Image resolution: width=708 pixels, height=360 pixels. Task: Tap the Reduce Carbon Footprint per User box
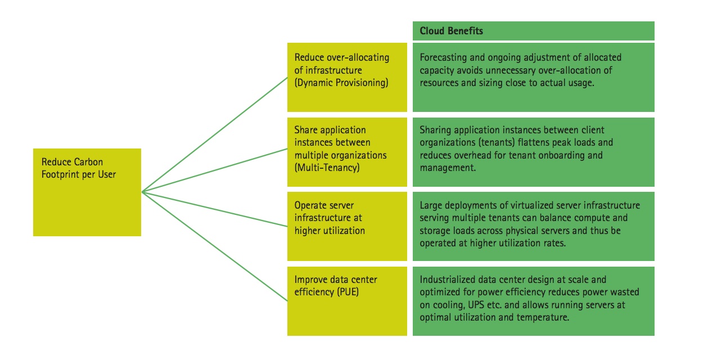87,192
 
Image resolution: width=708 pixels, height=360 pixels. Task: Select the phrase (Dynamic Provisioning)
341,83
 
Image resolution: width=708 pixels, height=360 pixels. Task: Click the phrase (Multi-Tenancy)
327,168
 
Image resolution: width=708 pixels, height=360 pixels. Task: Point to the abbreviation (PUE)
348,292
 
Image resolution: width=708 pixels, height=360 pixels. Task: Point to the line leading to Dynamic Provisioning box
215,134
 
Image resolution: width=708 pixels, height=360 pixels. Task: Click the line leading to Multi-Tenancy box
215,170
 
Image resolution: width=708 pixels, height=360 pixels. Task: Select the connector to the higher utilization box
215,209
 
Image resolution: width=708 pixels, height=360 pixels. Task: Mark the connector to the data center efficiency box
215,246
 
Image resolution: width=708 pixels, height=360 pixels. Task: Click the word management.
448,168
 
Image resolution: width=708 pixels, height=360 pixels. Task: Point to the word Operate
312,206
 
